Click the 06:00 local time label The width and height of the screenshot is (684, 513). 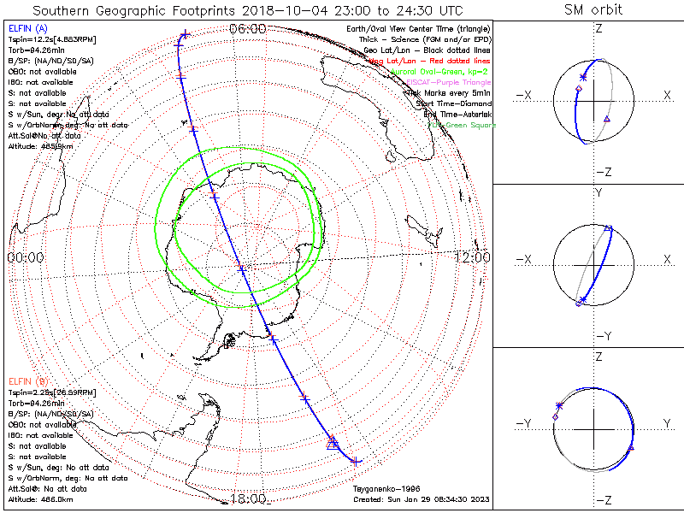(x=248, y=29)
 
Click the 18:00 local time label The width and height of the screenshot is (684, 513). (x=248, y=499)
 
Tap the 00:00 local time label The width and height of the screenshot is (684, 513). (x=26, y=257)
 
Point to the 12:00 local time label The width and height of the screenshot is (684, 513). (x=472, y=257)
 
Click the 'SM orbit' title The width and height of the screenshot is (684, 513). (x=593, y=10)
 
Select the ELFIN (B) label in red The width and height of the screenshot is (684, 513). (x=27, y=380)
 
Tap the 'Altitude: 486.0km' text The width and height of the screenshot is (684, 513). (x=39, y=498)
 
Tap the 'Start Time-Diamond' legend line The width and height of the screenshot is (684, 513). (x=450, y=103)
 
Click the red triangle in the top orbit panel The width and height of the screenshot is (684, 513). (x=606, y=118)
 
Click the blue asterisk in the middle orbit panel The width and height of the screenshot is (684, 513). (x=582, y=299)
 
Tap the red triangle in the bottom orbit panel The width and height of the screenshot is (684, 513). (x=631, y=448)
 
